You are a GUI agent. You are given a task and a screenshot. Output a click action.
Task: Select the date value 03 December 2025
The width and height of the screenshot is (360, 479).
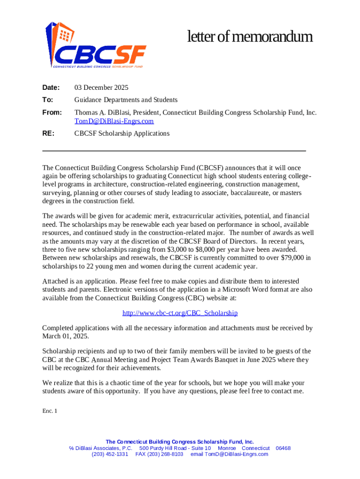[101, 87]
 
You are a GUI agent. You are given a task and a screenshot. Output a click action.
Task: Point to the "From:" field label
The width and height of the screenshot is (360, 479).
[52, 113]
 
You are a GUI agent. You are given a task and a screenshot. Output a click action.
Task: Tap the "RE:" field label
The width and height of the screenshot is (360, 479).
[48, 133]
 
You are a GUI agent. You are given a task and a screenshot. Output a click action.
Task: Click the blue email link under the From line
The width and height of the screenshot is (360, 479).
[114, 121]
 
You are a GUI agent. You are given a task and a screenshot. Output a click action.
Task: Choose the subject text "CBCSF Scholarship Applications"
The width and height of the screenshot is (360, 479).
[122, 133]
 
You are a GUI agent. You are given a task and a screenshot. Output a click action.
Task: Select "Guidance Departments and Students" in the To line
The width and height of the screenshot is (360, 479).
[126, 100]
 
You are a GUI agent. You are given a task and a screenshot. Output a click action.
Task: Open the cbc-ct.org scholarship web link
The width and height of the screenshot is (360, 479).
[180, 313]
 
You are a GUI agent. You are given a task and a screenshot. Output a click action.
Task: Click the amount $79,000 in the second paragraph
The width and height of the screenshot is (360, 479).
[289, 258]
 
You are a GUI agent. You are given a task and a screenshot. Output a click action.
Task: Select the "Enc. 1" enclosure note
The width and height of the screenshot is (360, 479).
[49, 411]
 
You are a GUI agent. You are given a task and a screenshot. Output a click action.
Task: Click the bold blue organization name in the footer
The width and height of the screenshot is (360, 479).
[180, 442]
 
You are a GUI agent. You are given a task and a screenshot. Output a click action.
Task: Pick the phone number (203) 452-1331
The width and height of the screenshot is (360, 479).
[110, 454]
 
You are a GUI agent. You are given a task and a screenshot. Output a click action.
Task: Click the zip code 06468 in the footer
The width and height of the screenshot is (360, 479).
[283, 448]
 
